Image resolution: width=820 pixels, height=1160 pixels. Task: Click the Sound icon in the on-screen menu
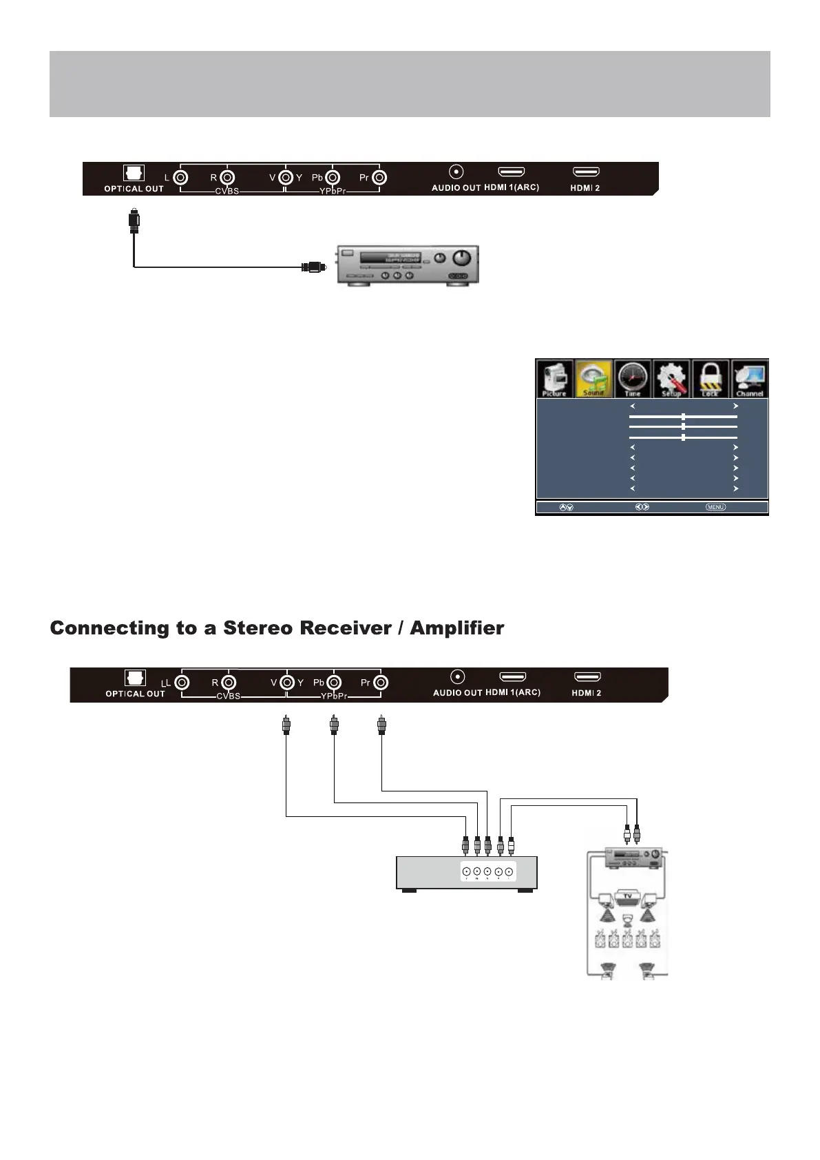tap(593, 378)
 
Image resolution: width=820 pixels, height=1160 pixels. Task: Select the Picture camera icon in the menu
tap(554, 378)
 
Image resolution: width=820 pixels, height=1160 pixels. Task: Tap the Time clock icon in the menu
tap(633, 378)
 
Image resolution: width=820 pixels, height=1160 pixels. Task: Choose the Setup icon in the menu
tap(671, 378)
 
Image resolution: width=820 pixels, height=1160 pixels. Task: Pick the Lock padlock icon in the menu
tap(711, 378)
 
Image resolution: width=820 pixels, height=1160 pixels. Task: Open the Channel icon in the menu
tap(750, 378)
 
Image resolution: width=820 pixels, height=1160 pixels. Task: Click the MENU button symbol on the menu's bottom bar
tap(715, 508)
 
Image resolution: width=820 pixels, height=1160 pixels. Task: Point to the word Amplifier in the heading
tap(457, 628)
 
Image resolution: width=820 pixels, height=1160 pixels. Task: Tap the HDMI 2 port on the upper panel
tap(586, 172)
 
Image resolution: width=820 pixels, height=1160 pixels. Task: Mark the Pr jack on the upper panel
tap(379, 178)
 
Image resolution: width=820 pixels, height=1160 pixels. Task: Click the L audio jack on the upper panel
tap(180, 178)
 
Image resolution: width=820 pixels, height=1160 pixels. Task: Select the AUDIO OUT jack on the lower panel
tap(457, 678)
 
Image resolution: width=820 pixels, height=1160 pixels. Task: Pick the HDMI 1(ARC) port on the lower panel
tap(513, 677)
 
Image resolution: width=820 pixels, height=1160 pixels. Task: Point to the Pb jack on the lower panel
tap(334, 683)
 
